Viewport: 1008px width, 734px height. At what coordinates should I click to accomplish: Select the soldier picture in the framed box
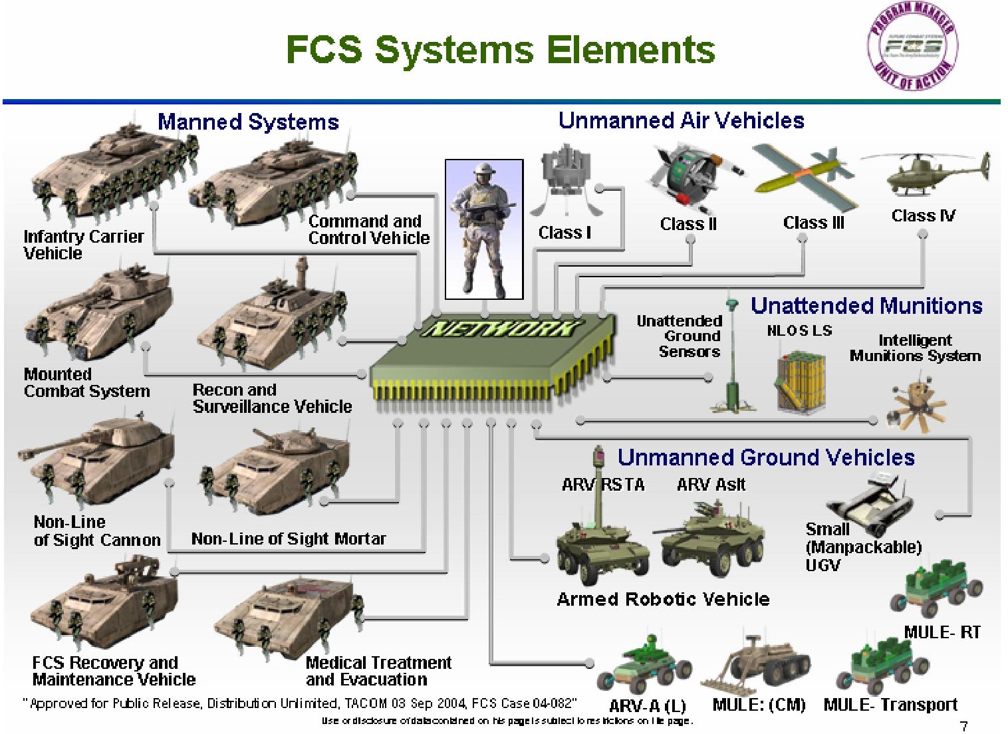[x=484, y=229]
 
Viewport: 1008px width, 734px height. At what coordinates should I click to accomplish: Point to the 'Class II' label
[x=688, y=224]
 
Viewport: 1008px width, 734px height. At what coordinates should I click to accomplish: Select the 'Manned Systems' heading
[x=248, y=122]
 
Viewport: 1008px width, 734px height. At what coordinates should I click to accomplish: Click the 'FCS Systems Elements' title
[x=500, y=50]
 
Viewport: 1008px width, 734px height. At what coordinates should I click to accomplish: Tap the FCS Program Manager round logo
[x=912, y=47]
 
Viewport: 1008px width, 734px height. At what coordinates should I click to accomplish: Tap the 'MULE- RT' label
[x=942, y=632]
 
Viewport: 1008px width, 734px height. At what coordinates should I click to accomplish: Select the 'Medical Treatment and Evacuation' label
[x=378, y=671]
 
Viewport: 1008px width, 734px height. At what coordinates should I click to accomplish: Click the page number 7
[x=963, y=726]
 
